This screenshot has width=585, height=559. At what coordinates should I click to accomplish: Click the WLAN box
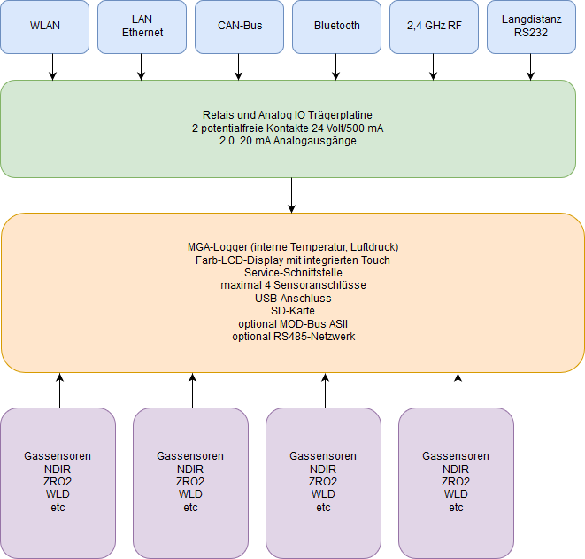coord(45,27)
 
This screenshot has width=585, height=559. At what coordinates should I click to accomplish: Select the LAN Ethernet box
coord(142,27)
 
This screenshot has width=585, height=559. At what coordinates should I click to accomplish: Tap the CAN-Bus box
coord(239,27)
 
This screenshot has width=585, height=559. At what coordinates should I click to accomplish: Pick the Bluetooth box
coord(336,27)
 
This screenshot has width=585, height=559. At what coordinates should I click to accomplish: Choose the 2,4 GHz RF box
coord(434,27)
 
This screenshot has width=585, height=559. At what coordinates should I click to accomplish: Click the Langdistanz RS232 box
coord(531,27)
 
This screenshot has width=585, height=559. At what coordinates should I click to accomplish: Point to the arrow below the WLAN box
coord(52,66)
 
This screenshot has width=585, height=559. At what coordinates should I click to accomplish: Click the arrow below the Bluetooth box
coord(335,66)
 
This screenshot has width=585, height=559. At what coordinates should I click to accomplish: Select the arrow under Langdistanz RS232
coord(530,66)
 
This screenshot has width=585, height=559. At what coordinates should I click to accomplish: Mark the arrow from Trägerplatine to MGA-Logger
coord(291,195)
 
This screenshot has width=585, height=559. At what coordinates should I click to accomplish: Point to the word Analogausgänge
coord(315,141)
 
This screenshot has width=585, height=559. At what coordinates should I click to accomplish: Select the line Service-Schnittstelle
coord(293,273)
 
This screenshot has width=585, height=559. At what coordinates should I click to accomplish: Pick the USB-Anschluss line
coord(293,298)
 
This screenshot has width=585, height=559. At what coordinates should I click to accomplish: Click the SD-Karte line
coord(293,311)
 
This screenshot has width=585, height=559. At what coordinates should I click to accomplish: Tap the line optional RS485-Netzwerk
coord(294,337)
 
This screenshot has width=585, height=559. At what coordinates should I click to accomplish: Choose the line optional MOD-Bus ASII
coord(293,323)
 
